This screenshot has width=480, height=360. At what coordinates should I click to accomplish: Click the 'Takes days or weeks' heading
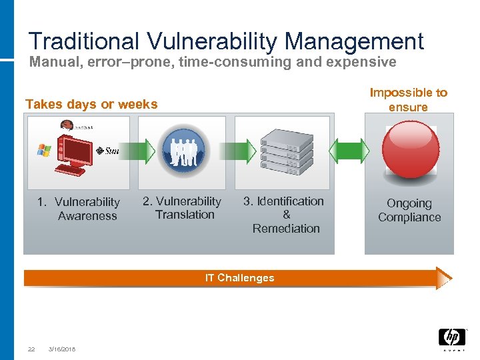pos(91,104)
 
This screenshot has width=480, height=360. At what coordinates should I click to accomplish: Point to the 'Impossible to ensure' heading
pos(409,100)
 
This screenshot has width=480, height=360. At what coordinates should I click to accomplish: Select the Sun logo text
pos(109,151)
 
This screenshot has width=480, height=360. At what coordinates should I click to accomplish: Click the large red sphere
pos(409,149)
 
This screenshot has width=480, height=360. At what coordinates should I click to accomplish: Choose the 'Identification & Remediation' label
pos(286,215)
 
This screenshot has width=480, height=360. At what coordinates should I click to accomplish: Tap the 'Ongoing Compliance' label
pos(409,210)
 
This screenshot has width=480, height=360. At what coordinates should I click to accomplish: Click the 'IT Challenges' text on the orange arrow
pos(239,278)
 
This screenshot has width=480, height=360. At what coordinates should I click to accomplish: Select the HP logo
pos(451,339)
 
